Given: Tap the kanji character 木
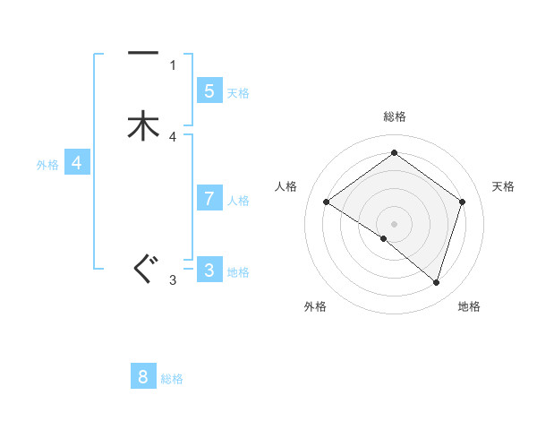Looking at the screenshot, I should coord(143,125).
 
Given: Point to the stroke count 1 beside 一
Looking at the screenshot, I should coord(173,64).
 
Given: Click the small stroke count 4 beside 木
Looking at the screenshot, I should coord(173,137).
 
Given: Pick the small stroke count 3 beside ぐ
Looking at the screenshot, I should coord(173,280).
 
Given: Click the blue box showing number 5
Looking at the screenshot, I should coord(209,90).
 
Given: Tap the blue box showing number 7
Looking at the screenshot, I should coord(209,198).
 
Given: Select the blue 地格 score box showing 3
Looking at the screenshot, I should coord(209,270).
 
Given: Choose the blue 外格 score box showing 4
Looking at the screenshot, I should coord(77,163).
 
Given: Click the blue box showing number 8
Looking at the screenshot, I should coord(143,377).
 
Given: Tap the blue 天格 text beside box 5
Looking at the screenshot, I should coord(238,93).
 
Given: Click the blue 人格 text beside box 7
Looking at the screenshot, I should coord(238,201).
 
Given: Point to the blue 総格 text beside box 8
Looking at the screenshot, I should coord(172,380).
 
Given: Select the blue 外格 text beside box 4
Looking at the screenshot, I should coord(47,165).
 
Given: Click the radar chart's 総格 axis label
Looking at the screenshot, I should coord(394,116).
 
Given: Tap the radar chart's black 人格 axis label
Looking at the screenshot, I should coord(286,186).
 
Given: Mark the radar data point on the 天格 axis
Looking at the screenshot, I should coord(462,202).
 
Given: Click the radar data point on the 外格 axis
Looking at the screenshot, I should coord(384,239).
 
